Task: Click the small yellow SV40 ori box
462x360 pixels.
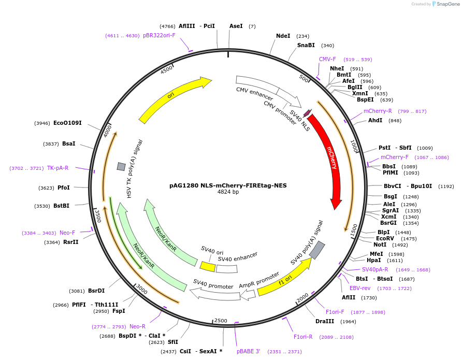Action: (208, 266)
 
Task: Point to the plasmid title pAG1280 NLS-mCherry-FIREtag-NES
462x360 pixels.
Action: (228, 185)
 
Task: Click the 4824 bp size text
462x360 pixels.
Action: (228, 192)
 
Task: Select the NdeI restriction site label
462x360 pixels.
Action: (283, 36)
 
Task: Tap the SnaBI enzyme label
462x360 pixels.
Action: (306, 46)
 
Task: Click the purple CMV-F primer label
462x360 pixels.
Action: (327, 60)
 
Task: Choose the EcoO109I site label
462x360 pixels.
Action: (67, 123)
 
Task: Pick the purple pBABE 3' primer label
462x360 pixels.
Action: (249, 352)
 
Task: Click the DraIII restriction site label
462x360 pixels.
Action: (325, 322)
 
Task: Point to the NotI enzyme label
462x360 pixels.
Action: (380, 245)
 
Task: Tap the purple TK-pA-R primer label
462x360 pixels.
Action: (57, 168)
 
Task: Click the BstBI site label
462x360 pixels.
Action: (61, 206)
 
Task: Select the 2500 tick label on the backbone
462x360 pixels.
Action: (221, 321)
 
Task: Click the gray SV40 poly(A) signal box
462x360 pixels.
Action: (317, 250)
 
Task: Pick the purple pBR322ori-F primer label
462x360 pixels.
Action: (159, 36)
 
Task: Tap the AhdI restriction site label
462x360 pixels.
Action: (375, 121)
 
